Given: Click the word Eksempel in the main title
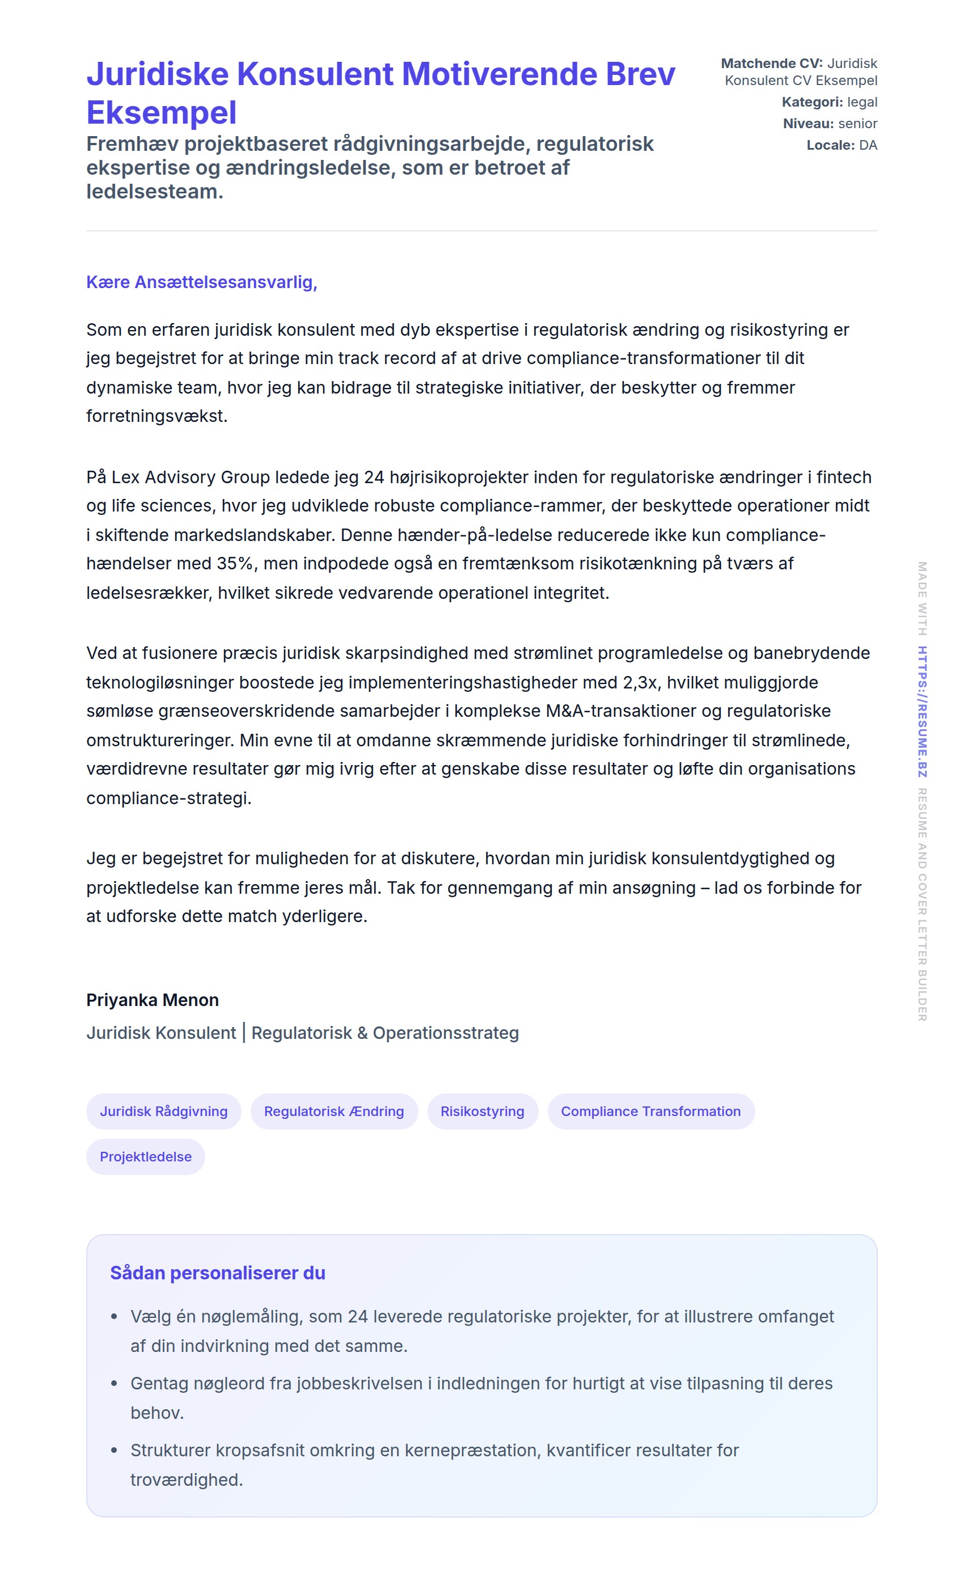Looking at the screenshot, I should [162, 113].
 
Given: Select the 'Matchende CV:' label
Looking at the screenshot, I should [771, 64].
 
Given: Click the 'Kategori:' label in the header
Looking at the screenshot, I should [811, 102].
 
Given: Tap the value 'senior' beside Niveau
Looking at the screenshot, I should [857, 124].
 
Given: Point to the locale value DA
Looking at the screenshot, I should [868, 145].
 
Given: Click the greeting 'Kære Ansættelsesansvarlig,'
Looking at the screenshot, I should [202, 282].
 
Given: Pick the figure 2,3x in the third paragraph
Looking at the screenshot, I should [640, 683].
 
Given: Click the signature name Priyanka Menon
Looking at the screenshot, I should [153, 1000].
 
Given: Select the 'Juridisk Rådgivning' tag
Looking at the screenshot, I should [163, 1112].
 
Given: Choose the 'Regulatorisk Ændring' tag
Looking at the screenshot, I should [333, 1112].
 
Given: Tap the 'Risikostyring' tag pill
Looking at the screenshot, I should [483, 1112].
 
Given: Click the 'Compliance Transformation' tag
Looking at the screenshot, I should [651, 1112].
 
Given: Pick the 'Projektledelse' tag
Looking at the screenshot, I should [146, 1157].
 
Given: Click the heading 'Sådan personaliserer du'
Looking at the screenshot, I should [218, 1273].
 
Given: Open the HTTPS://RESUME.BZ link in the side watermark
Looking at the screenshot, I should [922, 711].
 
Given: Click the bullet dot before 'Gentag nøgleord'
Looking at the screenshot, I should [114, 1383].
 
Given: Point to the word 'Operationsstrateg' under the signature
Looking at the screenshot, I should [445, 1033].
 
